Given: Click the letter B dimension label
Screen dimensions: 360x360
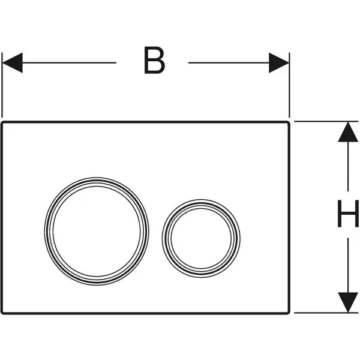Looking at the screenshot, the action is tap(154, 61).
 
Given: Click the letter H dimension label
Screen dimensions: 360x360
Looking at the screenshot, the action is tap(348, 214).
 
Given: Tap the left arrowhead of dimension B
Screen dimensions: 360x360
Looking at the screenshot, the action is tap(13, 62).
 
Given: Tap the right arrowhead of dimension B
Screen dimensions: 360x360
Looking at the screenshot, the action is tap(279, 62).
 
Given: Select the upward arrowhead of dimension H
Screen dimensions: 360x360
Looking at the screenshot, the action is tap(348, 132).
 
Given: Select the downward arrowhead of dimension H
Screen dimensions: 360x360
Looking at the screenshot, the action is tap(348, 302).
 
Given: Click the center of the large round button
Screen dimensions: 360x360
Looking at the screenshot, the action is tap(97, 231).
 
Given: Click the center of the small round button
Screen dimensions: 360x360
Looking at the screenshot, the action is tap(201, 239).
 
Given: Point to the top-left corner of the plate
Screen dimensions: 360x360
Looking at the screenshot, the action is tap(1, 122).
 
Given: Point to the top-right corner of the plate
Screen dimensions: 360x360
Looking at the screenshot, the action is tap(290, 122).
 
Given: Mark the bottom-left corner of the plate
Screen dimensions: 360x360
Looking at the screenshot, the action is tap(1, 313).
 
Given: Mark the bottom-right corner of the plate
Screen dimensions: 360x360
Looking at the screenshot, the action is tap(290, 313).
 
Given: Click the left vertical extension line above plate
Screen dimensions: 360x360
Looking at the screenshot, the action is tap(2, 85).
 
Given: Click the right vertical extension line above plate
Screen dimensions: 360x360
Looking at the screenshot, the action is tap(289, 85).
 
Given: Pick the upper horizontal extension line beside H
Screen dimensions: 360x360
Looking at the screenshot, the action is tap(326, 121).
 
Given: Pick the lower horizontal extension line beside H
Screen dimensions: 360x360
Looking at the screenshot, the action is tap(326, 313).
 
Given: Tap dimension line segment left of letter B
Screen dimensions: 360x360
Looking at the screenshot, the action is tap(70, 62).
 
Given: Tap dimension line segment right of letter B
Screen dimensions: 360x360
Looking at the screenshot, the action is tap(229, 62).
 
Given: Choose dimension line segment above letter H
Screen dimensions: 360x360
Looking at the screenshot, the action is tap(348, 166).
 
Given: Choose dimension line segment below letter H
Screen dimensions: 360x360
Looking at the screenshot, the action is tap(348, 265).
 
